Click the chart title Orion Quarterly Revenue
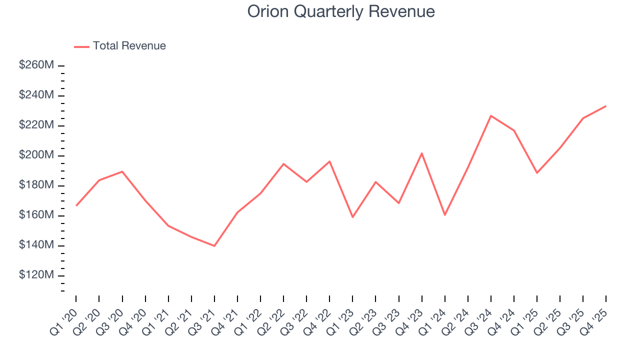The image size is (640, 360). tap(341, 11)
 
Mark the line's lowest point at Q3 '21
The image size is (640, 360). tap(214, 246)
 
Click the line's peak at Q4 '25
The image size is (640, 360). tap(606, 106)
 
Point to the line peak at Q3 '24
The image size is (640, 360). tap(491, 115)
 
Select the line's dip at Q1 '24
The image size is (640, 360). tap(444, 215)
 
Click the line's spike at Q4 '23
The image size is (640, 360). tap(421, 153)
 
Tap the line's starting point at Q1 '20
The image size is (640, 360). tap(76, 205)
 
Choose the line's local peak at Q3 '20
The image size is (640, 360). tap(122, 171)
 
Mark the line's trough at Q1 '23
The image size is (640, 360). tap(352, 217)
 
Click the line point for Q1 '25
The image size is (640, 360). tap(537, 173)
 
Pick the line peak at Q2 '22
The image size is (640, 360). tap(283, 163)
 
